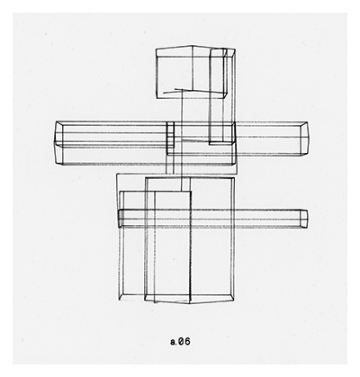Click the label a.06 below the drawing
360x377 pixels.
(x=180, y=341)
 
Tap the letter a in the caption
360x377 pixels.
(x=173, y=342)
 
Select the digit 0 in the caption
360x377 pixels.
(x=181, y=341)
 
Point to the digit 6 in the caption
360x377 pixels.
(x=187, y=341)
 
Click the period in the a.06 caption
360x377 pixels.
(x=176, y=345)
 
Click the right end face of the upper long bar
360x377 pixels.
(x=304, y=139)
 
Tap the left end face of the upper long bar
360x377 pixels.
(x=58, y=143)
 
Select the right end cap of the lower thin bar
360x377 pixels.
(x=304, y=219)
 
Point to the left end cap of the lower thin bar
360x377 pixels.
(x=120, y=218)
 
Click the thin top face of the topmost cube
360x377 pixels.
(x=195, y=51)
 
